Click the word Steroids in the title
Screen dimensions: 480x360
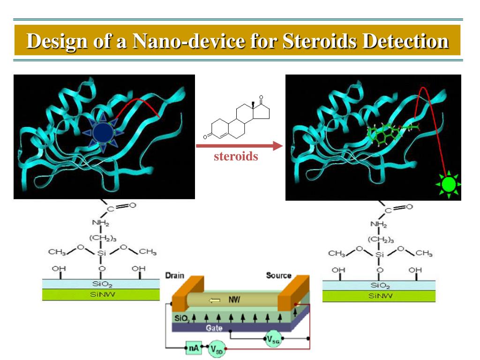[319, 41]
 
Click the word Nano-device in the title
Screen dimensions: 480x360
[188, 41]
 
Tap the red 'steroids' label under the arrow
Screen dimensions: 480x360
[236, 156]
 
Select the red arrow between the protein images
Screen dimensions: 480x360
[239, 146]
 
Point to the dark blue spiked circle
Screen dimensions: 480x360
[101, 133]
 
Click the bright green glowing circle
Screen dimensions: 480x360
[449, 184]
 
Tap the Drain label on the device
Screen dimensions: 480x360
[175, 276]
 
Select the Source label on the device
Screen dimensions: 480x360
[279, 276]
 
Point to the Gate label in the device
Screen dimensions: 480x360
[214, 328]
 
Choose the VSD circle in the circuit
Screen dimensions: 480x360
[217, 349]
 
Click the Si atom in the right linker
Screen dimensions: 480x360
[380, 255]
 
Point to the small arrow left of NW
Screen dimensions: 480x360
[215, 300]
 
